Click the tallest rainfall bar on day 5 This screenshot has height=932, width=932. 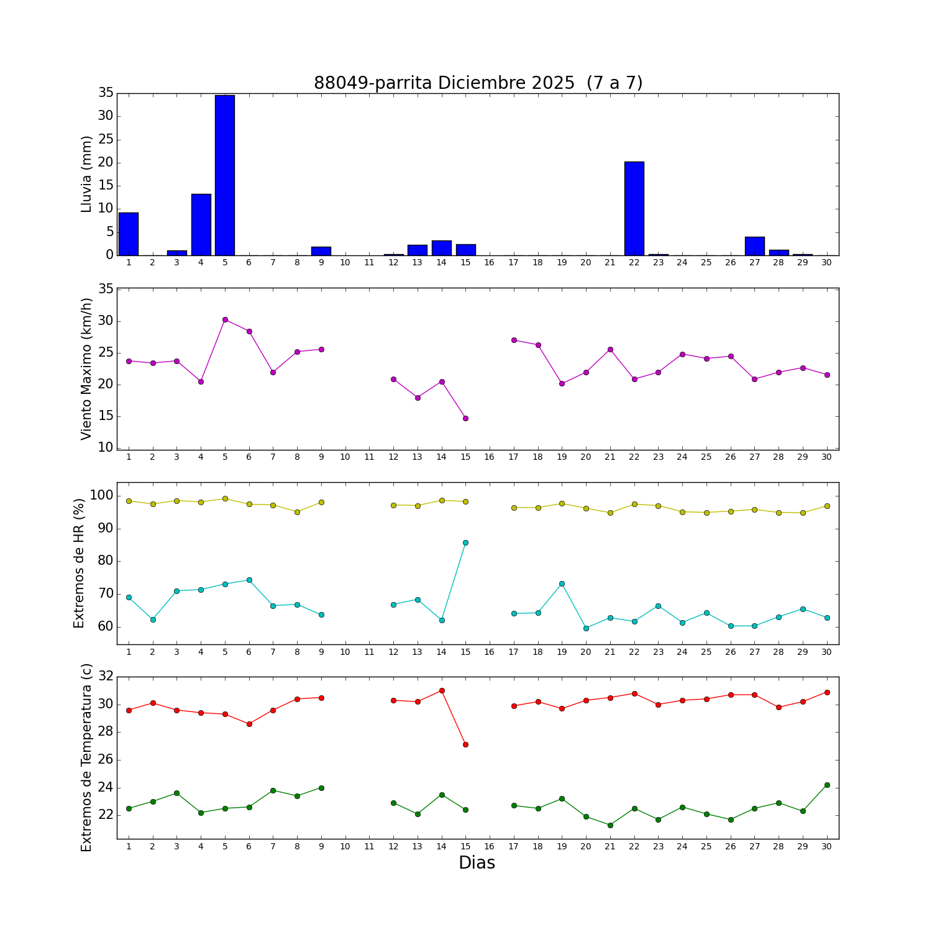(225, 175)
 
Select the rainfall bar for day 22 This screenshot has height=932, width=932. (634, 208)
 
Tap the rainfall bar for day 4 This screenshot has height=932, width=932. (201, 224)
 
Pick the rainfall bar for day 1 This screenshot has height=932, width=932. (129, 234)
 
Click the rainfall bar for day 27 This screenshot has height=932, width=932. (755, 246)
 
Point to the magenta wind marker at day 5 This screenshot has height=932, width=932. (225, 319)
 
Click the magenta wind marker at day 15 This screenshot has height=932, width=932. (465, 418)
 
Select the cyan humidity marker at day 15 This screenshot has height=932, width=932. (465, 542)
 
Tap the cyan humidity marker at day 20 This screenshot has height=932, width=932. (586, 628)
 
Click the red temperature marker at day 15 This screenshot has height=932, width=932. (465, 744)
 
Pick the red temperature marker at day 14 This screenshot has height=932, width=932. (442, 690)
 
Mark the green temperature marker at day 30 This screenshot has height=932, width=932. (827, 785)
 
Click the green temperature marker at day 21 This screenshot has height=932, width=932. (610, 825)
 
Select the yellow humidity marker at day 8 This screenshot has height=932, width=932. (297, 512)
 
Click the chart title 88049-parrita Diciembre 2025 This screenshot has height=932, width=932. (478, 83)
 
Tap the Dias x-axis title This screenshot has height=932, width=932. (477, 863)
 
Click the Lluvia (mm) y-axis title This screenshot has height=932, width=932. (86, 174)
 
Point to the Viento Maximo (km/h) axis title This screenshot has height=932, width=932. (86, 368)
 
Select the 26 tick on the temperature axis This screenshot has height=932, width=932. (105, 760)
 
